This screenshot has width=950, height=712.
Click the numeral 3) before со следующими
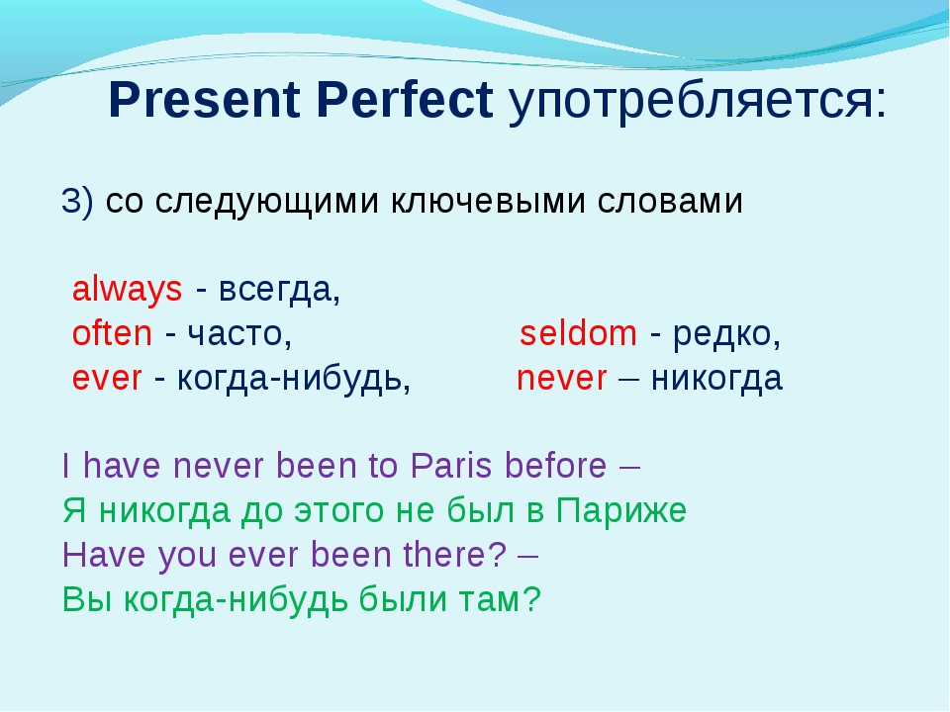click(77, 201)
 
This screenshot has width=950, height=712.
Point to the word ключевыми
click(488, 201)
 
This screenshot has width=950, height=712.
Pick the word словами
click(670, 201)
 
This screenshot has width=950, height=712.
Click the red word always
click(128, 290)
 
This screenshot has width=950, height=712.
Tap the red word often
click(112, 333)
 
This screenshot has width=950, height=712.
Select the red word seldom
click(578, 333)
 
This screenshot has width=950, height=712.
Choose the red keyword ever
click(107, 379)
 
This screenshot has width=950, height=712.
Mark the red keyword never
click(562, 379)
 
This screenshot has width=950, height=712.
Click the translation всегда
click(276, 291)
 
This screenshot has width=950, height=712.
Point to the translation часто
click(236, 334)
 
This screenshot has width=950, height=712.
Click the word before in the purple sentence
click(555, 466)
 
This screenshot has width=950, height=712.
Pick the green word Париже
click(621, 510)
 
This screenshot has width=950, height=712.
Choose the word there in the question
click(448, 555)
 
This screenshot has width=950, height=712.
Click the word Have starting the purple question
click(104, 555)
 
